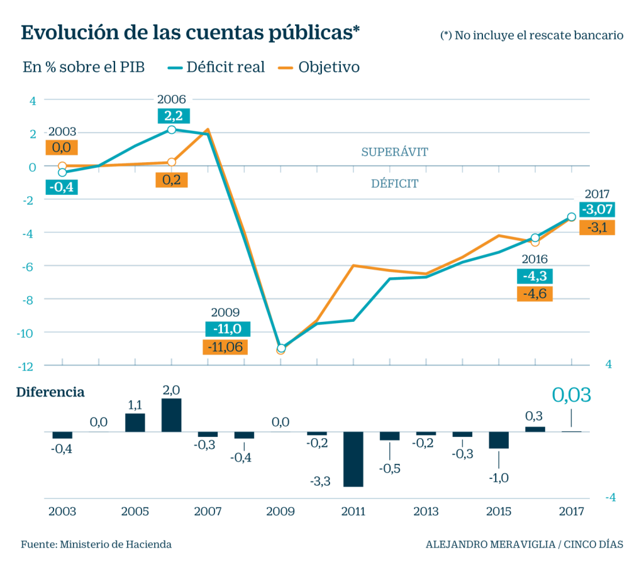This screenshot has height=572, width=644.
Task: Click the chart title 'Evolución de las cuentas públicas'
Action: click(191, 33)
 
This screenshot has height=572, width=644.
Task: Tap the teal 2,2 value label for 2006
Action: click(171, 116)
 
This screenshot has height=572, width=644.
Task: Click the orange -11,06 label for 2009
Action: click(225, 346)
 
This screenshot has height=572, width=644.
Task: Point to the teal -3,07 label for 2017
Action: click(597, 209)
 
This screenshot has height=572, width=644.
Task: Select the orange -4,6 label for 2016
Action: click(534, 294)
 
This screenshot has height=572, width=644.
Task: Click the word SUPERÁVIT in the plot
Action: click(394, 152)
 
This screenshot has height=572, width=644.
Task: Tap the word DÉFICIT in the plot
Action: click(394, 184)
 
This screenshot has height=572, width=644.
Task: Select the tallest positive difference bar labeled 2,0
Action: click(171, 415)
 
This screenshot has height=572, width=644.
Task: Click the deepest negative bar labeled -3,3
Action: click(353, 459)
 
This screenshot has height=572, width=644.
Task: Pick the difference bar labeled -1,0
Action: click(499, 440)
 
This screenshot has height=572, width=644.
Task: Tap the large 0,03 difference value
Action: click(571, 395)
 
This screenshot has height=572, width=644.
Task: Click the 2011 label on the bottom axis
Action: click(353, 512)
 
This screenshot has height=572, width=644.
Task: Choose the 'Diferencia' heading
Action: click(50, 392)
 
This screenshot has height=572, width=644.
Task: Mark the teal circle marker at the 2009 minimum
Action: click(281, 348)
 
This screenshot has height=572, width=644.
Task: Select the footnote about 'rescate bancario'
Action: click(531, 36)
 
